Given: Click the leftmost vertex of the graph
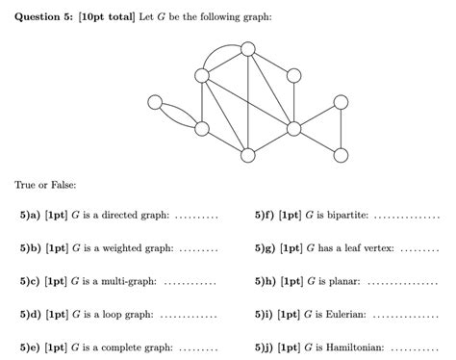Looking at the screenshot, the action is click(155, 102).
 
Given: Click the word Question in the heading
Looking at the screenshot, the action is click(42, 15).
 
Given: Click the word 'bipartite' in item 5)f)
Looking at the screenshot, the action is click(346, 216).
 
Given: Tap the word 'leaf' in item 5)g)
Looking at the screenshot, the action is click(361, 248).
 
